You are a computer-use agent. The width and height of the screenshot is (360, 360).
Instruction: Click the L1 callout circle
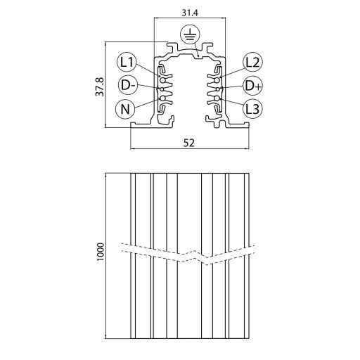point(127,62)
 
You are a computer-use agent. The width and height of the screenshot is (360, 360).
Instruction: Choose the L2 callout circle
point(252,62)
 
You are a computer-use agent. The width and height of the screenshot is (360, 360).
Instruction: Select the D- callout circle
point(127,85)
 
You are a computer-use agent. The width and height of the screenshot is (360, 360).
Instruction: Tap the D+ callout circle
point(252,85)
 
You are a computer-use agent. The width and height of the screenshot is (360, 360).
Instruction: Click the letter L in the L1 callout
point(123,62)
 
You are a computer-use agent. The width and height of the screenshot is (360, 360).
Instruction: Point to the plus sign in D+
point(257,85)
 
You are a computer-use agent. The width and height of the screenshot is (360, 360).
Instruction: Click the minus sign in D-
point(131,86)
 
